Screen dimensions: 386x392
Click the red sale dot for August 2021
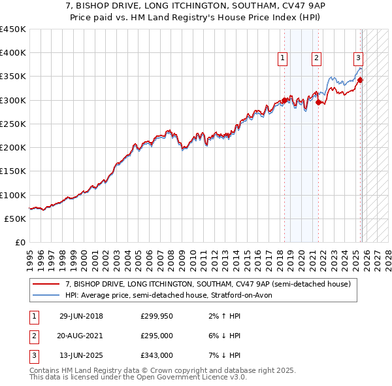[x=318, y=102]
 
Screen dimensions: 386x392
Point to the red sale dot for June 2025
[x=360, y=80]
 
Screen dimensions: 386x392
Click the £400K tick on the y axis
[x=13, y=53]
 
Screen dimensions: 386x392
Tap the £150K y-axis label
[x=13, y=171]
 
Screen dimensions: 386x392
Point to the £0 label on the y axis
[x=20, y=242]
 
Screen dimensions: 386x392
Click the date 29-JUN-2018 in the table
[x=81, y=316]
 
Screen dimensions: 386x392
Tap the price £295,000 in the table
[x=156, y=336]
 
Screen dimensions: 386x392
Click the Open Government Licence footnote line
[x=138, y=377]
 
